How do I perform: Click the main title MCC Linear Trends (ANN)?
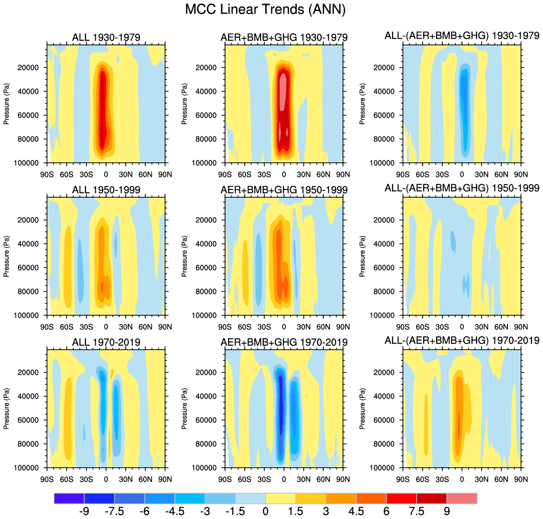(x=265, y=9)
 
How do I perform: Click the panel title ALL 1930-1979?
(x=106, y=37)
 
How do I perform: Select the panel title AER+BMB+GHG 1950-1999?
(x=284, y=190)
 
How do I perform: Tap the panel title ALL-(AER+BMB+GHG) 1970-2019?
(x=462, y=340)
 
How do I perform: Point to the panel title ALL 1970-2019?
(x=106, y=342)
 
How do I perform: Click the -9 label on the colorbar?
(x=84, y=511)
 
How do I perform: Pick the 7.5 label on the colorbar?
(x=417, y=511)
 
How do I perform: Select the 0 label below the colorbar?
(x=266, y=511)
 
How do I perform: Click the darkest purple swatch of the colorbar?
(x=69, y=498)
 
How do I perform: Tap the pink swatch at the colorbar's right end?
(x=462, y=498)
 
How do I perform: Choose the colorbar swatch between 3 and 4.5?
(x=341, y=498)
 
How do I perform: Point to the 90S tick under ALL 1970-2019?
(x=47, y=479)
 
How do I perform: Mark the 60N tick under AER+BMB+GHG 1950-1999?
(x=323, y=327)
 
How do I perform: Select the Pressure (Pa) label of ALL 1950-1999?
(x=7, y=256)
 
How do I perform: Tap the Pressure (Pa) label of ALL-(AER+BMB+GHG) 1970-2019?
(x=363, y=408)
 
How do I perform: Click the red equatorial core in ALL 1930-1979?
(x=103, y=110)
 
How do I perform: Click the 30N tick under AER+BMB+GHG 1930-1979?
(x=303, y=174)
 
